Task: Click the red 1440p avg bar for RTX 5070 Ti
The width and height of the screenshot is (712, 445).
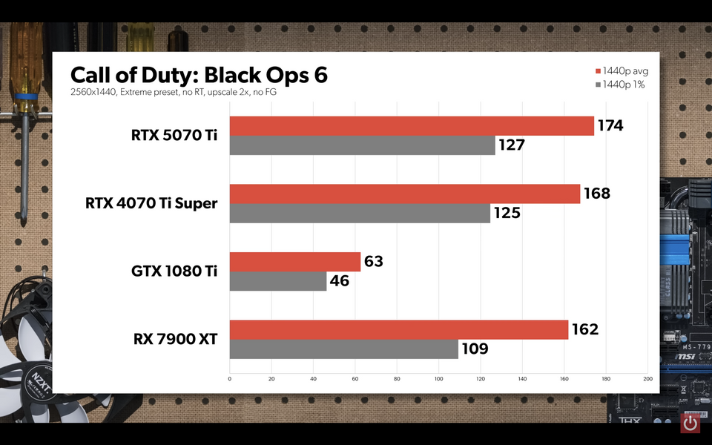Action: [412, 126]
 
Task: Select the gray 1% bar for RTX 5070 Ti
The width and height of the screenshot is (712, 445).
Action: [362, 145]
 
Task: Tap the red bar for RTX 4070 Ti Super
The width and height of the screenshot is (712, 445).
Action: [405, 194]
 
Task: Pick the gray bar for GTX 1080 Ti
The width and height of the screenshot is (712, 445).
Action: [278, 281]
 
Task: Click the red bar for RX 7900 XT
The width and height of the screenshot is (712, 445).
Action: [399, 330]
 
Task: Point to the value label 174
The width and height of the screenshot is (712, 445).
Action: [610, 125]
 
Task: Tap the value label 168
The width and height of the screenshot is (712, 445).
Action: [597, 194]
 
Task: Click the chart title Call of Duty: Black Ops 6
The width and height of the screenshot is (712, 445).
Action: [199, 75]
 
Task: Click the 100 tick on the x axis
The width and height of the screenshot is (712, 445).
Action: [438, 379]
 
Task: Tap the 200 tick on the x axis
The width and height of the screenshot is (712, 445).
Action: [647, 379]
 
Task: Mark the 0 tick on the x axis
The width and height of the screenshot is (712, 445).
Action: [230, 379]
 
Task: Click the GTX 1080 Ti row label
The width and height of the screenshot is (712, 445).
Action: [174, 271]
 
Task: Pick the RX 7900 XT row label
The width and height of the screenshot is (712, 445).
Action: [175, 339]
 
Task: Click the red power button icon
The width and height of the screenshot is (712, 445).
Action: [690, 423]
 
